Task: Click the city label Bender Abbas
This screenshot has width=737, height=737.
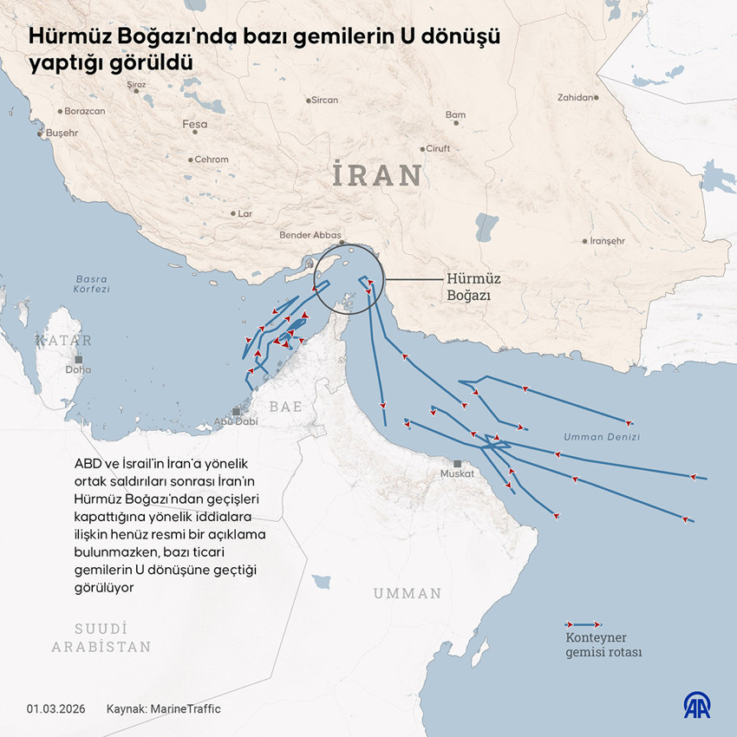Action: point(309,235)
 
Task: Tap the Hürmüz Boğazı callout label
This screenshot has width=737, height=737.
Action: point(473,287)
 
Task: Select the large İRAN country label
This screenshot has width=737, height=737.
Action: point(377,176)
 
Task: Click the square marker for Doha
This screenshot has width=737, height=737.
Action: point(79,359)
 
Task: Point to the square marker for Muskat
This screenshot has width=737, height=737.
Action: point(457,463)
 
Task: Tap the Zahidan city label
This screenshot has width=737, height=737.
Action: point(577,98)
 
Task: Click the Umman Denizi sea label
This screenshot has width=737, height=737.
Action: point(601,437)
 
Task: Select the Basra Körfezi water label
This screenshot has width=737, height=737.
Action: point(92,284)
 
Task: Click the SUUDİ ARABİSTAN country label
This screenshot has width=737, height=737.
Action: point(101,637)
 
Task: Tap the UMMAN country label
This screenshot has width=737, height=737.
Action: point(408,594)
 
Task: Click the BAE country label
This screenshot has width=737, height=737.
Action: point(285,406)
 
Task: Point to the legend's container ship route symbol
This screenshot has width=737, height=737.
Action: point(583,624)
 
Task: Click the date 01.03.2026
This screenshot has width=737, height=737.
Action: point(54,709)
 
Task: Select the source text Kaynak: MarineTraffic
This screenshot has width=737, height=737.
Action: point(163,709)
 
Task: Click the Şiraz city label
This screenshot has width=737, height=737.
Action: point(136,85)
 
